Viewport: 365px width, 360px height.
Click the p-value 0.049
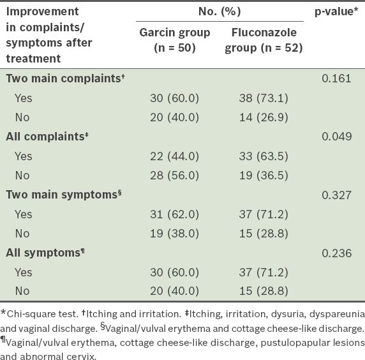(336, 137)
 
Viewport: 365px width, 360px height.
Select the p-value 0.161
(336, 79)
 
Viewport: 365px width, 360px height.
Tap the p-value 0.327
(336, 195)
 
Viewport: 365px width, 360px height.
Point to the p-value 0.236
(336, 253)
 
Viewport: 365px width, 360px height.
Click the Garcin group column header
(175, 40)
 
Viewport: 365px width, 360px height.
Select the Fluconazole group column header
(264, 40)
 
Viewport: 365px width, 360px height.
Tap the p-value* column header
(336, 11)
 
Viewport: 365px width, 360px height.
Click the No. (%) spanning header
(220, 11)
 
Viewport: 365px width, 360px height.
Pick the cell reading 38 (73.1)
(264, 98)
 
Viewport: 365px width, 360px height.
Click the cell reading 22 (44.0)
(175, 156)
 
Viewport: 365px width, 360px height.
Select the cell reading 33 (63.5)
(264, 156)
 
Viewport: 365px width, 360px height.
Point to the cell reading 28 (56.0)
(175, 176)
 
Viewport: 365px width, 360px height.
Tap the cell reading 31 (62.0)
(175, 214)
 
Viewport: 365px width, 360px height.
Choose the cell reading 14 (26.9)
(264, 117)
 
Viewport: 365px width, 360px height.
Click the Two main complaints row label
(65, 79)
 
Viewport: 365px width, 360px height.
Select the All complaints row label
(47, 137)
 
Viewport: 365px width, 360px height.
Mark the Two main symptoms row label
(64, 195)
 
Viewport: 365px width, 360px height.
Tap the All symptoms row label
(45, 253)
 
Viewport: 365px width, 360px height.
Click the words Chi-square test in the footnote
(42, 314)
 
